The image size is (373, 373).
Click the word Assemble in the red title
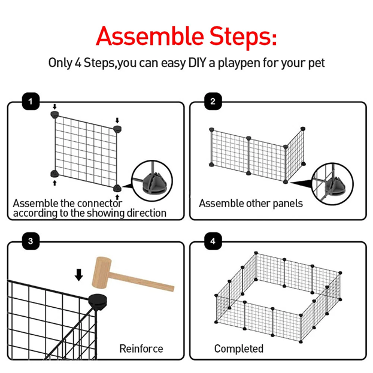pos(150,36)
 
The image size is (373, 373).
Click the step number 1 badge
pos(31,101)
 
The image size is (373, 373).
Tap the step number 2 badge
pos(213,101)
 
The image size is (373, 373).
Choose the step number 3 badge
pos(31,241)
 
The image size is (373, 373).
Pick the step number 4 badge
pos(213,241)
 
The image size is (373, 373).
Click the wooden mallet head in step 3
pos(102,272)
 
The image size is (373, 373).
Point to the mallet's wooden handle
pos(141,282)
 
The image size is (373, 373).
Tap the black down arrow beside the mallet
pos(79,275)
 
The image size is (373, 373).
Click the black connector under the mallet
pos(98,301)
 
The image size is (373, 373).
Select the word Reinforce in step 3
pos(141,348)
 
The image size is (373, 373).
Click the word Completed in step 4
pos(239,349)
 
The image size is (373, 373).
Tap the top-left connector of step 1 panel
pos(54,114)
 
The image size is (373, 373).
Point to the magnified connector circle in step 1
pos(152,181)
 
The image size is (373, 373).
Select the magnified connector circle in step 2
pos(332,184)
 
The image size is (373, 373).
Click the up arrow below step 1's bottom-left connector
pos(54,183)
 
